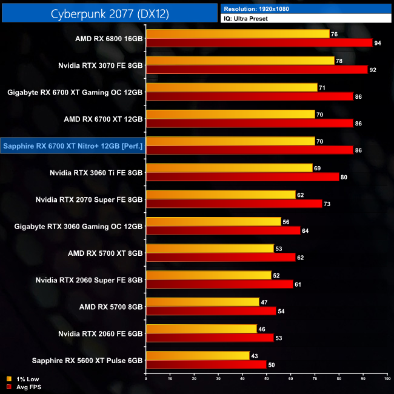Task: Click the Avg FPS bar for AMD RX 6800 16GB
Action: tap(259, 43)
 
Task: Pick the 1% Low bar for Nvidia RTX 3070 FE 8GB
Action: tap(240, 61)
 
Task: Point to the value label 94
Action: tap(378, 43)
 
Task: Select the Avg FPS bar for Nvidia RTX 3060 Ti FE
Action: tap(242, 177)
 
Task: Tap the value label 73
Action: tap(327, 204)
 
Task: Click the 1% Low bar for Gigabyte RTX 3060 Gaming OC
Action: tap(213, 222)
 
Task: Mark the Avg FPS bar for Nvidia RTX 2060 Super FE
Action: tap(219, 284)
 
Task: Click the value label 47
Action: tap(264, 302)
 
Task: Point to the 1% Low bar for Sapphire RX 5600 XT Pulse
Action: tap(198, 356)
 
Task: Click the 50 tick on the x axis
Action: tap(267, 379)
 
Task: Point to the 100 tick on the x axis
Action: tap(386, 379)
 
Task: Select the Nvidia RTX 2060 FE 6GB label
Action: tap(101, 334)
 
